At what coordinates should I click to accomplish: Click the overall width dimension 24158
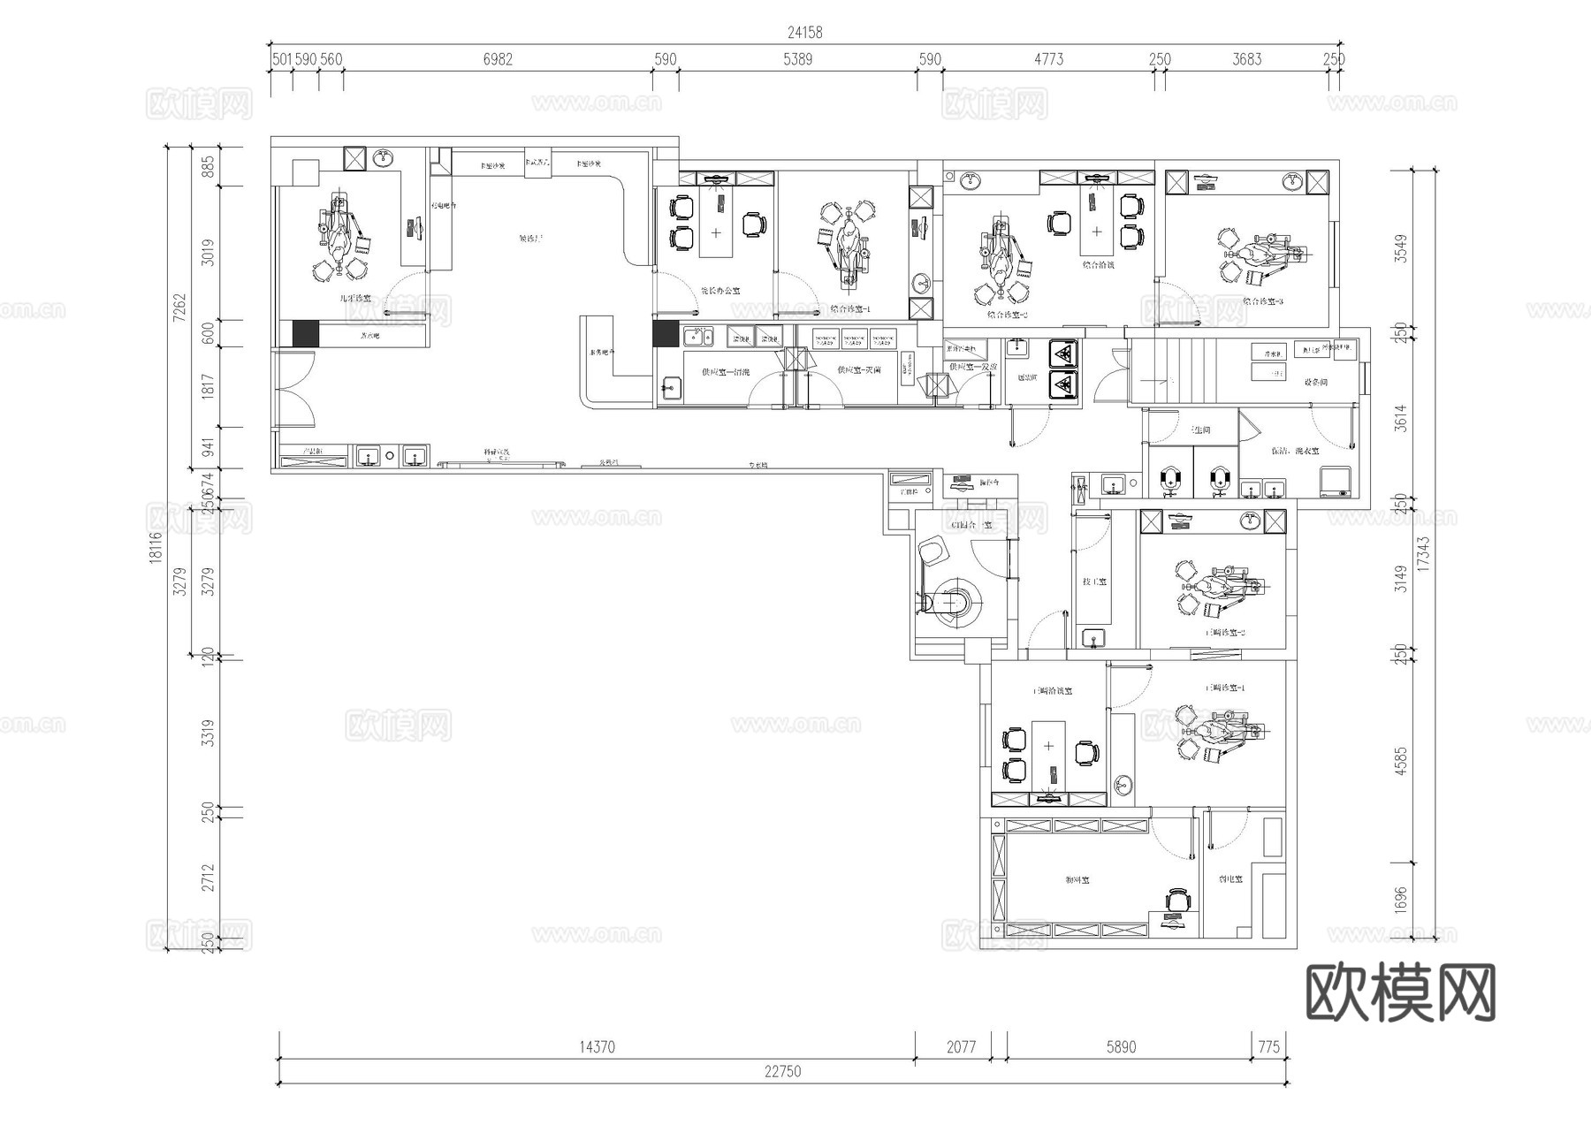tap(804, 33)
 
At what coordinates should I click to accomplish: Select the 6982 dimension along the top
tap(498, 59)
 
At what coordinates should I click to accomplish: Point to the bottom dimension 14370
tap(597, 1046)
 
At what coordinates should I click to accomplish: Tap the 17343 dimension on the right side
tap(1423, 555)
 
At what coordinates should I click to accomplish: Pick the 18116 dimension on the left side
tap(156, 547)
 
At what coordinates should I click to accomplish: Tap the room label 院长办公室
tap(719, 291)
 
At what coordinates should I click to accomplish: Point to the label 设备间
tap(1315, 382)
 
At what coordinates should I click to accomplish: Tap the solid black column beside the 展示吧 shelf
tap(305, 333)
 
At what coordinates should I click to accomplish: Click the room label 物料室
tap(1077, 880)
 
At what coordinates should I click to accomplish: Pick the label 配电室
tap(1230, 879)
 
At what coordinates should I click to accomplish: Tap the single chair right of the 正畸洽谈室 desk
tap(1086, 753)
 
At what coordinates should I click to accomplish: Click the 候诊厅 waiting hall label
tap(530, 239)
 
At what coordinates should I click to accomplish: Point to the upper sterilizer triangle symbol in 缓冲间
tap(1063, 354)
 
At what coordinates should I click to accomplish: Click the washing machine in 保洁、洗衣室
tap(1336, 482)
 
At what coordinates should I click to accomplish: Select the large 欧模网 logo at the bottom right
tap(1400, 992)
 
